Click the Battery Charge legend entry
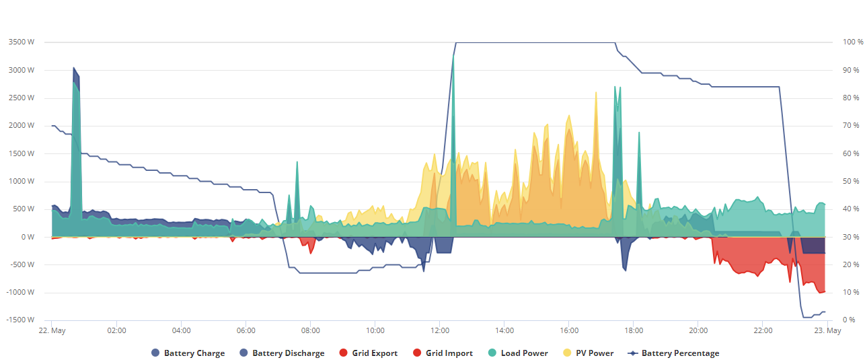(188, 353)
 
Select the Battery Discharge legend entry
(282, 353)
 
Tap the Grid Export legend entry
(369, 353)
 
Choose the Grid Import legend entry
(443, 353)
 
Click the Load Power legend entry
(518, 353)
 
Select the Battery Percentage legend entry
(673, 353)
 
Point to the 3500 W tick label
(22, 42)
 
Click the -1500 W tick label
(20, 320)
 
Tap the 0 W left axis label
(28, 237)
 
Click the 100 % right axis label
(853, 42)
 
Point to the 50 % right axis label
(851, 181)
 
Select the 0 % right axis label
(849, 320)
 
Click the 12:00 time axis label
(440, 330)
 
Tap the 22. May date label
(52, 330)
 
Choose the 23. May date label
(827, 330)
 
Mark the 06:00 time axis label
(246, 330)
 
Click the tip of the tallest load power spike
(453, 55)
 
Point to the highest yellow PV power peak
(596, 92)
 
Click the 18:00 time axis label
(634, 330)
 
